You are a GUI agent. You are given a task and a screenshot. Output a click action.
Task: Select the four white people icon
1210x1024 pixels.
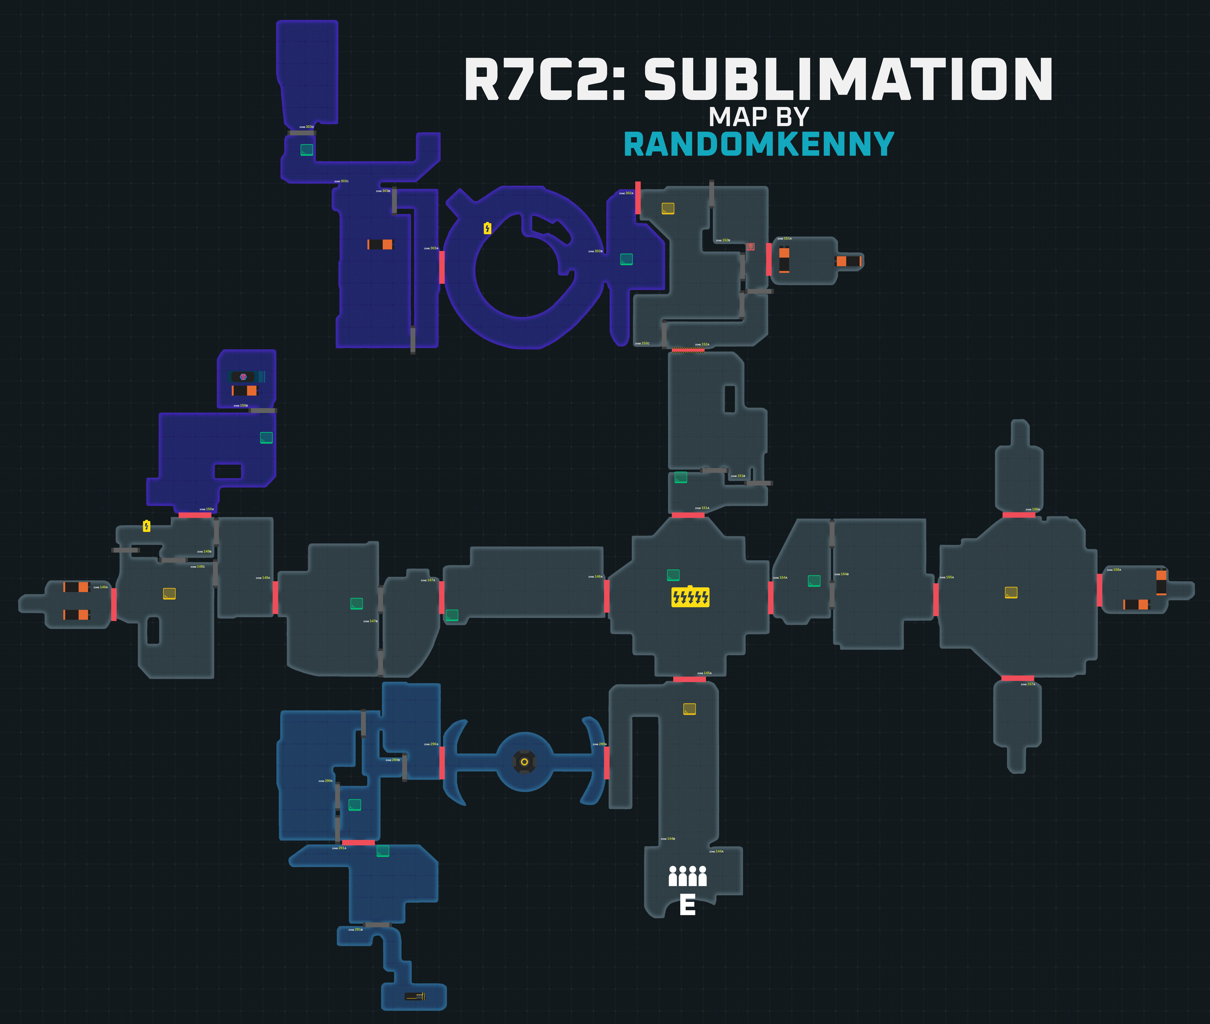coord(687,876)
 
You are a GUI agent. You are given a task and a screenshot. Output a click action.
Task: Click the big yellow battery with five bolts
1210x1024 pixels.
coord(690,596)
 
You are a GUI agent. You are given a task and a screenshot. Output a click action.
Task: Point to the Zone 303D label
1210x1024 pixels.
coord(307,127)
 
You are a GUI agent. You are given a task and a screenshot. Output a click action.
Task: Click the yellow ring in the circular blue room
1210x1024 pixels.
coord(524,762)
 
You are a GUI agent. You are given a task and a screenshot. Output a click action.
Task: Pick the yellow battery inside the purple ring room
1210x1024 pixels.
coord(487,228)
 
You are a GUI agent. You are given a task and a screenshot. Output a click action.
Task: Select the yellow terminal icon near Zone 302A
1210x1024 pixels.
coord(668,208)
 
